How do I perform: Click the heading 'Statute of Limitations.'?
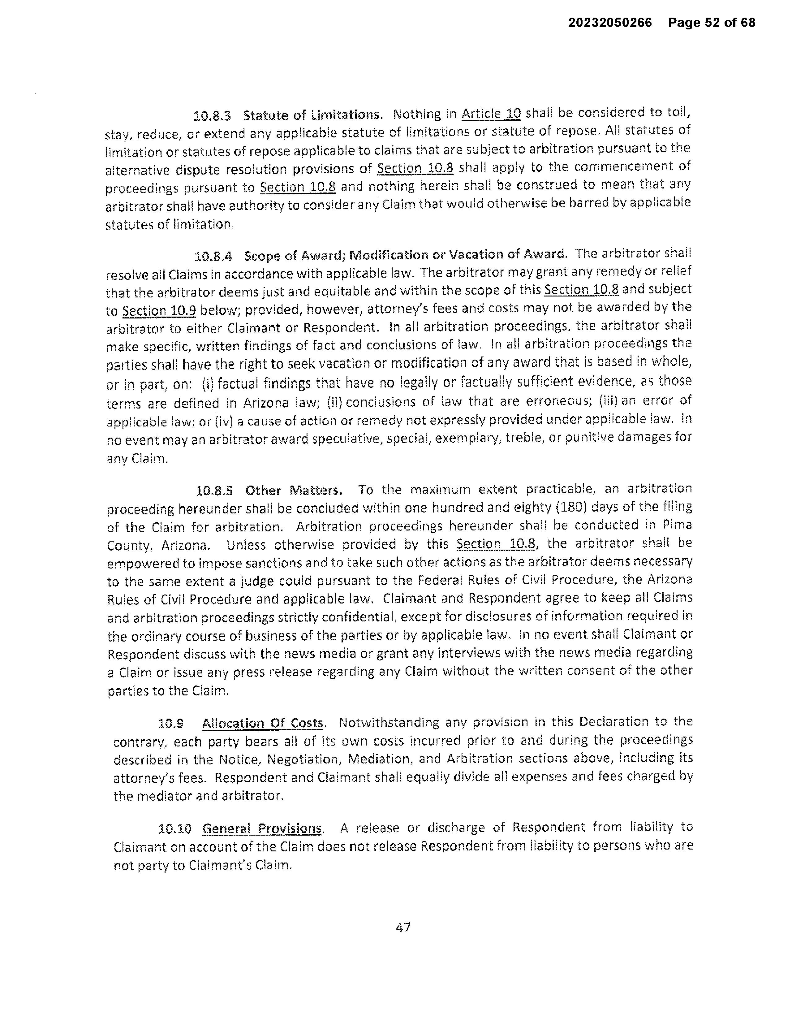[313, 115]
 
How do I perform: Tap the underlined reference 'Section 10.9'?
[159, 310]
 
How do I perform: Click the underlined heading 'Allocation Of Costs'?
[263, 723]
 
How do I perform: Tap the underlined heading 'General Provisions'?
[262, 828]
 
